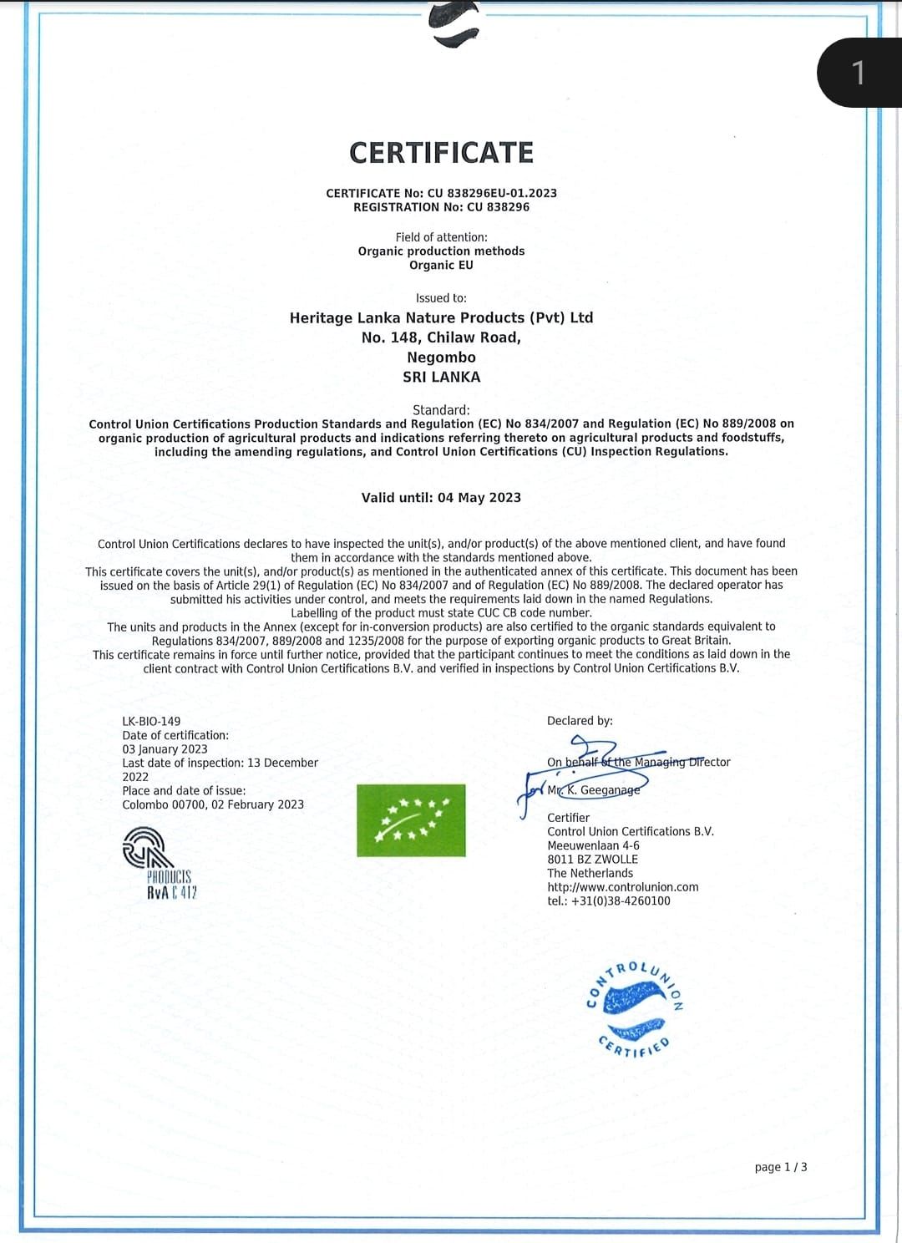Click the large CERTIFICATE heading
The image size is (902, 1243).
(x=441, y=153)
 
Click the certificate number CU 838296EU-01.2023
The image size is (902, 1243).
(x=492, y=193)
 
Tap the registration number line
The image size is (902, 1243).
(x=441, y=207)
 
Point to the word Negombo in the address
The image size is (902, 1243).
(x=441, y=358)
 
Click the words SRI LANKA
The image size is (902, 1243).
(x=441, y=377)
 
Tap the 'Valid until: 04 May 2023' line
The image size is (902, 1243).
(x=441, y=498)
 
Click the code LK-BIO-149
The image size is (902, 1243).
(x=151, y=721)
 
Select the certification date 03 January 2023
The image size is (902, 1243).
(x=165, y=749)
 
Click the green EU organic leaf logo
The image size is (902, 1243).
(x=411, y=820)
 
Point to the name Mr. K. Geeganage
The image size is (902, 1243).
(x=594, y=790)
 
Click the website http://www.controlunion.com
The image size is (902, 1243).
(x=622, y=887)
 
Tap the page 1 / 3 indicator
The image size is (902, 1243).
(x=780, y=1167)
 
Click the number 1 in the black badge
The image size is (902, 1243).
(x=859, y=74)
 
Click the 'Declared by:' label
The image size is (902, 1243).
(x=580, y=721)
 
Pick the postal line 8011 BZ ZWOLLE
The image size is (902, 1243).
(x=592, y=860)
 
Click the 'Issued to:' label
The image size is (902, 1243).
(x=441, y=298)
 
